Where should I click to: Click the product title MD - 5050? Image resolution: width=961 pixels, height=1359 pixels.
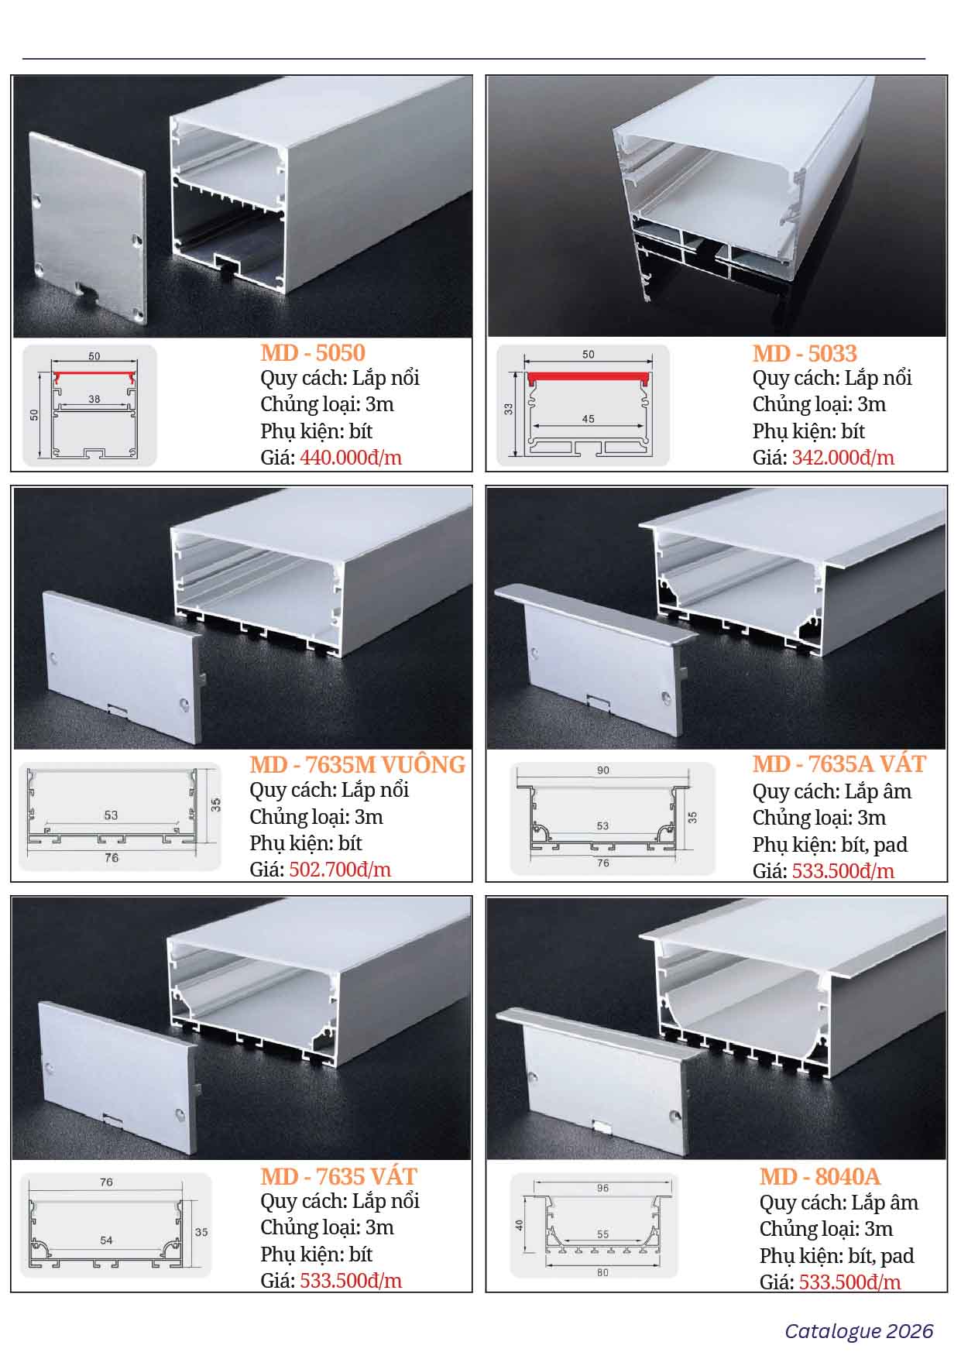pyautogui.click(x=312, y=353)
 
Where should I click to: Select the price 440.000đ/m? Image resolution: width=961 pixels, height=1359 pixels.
pyautogui.click(x=351, y=458)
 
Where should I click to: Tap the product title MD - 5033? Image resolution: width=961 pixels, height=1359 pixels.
pyautogui.click(x=805, y=354)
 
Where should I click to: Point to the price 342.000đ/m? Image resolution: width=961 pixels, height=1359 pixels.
pyautogui.click(x=843, y=458)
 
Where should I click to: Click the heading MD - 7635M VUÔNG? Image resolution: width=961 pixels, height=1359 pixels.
pyautogui.click(x=357, y=765)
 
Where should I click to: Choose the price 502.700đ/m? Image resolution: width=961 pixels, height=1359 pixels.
pyautogui.click(x=340, y=870)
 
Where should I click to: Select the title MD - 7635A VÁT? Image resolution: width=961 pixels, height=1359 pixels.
pyautogui.click(x=839, y=764)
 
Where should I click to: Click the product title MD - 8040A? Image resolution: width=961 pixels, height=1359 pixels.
pyautogui.click(x=820, y=1176)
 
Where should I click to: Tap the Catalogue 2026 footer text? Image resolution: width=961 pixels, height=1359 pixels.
pyautogui.click(x=859, y=1331)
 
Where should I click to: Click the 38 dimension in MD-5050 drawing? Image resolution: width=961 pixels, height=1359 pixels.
pyautogui.click(x=94, y=400)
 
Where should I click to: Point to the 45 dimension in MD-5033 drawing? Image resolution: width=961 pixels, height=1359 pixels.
pyautogui.click(x=588, y=419)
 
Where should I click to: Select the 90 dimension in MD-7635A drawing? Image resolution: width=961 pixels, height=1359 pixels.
pyautogui.click(x=603, y=770)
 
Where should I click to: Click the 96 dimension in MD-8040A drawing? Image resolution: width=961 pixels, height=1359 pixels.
pyautogui.click(x=603, y=1188)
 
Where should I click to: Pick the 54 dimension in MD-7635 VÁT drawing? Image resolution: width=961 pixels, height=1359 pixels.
pyautogui.click(x=106, y=1240)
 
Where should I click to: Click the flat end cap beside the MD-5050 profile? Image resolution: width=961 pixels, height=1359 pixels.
pyautogui.click(x=88, y=226)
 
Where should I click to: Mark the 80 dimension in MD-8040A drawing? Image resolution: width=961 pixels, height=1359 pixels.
pyautogui.click(x=603, y=1272)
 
